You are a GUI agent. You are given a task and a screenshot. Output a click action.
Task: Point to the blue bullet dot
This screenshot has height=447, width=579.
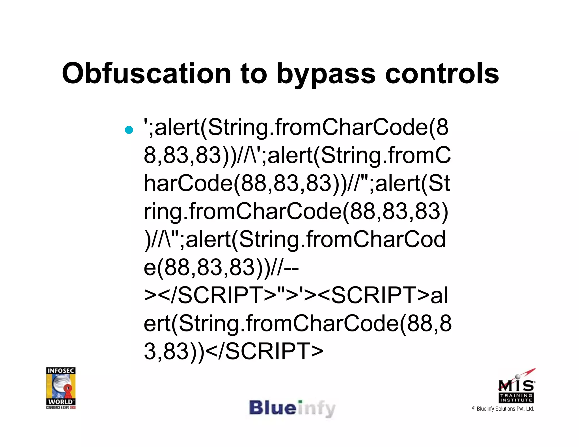coord(129,130)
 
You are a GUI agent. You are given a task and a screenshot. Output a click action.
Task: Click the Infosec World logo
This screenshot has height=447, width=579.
coord(61,388)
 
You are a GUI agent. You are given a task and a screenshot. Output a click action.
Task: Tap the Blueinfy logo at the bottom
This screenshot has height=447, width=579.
coord(292,408)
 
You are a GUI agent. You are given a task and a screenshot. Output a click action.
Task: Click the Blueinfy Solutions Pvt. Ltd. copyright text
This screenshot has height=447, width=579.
coord(503,409)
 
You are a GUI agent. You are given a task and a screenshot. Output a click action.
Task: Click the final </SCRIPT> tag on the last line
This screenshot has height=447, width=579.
coord(264,351)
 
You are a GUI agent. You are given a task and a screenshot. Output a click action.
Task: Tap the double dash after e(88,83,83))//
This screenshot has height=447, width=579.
coord(291,267)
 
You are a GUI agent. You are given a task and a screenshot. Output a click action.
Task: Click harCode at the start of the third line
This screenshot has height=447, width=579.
coord(188,183)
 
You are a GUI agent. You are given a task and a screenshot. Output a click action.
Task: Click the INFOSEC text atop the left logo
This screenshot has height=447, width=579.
coord(61,370)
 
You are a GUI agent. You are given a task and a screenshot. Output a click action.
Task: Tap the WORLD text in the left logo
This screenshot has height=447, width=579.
coord(61,402)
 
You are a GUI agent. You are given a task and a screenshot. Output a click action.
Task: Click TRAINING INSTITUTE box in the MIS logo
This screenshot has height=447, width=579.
coord(516,398)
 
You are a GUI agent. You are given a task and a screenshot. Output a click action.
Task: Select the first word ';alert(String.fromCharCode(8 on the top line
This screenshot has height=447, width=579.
coord(296,127)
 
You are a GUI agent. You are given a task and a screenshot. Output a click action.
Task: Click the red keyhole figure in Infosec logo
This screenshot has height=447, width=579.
coord(68,391)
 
